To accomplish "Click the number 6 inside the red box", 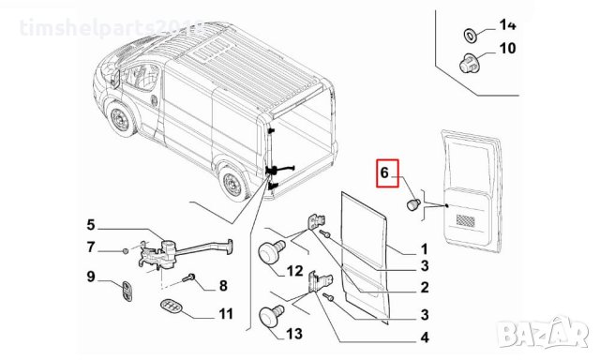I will [384, 172].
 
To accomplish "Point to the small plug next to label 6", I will [412, 203].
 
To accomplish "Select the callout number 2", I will [424, 288].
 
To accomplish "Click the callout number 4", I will [424, 337].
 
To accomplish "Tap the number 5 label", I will [91, 224].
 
